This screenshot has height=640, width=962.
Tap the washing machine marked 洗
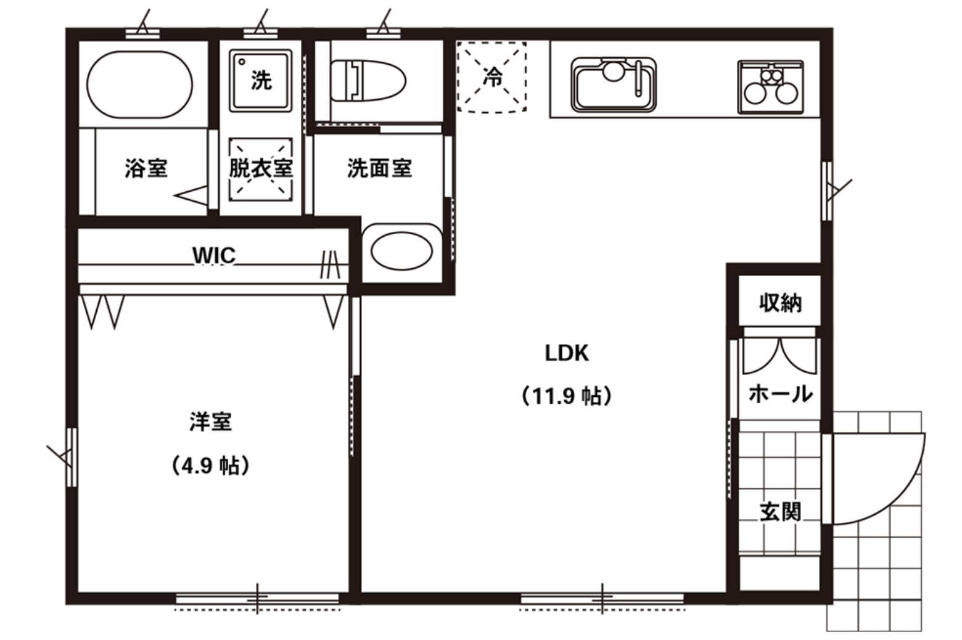(x=261, y=80)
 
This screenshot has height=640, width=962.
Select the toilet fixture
(x=368, y=80)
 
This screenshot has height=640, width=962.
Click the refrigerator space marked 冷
(x=491, y=77)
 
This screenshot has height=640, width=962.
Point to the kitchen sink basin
(x=613, y=84)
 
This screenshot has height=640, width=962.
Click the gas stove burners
(x=770, y=87)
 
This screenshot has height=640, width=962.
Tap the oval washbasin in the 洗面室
(x=401, y=252)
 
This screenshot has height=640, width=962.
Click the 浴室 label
(x=146, y=168)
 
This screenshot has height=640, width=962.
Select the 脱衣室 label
(x=261, y=168)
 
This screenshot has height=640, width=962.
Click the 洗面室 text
(x=380, y=168)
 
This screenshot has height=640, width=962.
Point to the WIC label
(x=214, y=256)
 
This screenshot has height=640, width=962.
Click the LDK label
(x=567, y=353)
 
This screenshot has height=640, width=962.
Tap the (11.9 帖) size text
(x=567, y=396)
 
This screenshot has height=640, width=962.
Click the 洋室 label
(x=210, y=421)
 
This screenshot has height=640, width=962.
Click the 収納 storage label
(x=780, y=303)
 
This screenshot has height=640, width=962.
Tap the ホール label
(x=780, y=393)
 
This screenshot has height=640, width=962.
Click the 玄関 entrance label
(x=780, y=512)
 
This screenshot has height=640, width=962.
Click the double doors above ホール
(x=779, y=356)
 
